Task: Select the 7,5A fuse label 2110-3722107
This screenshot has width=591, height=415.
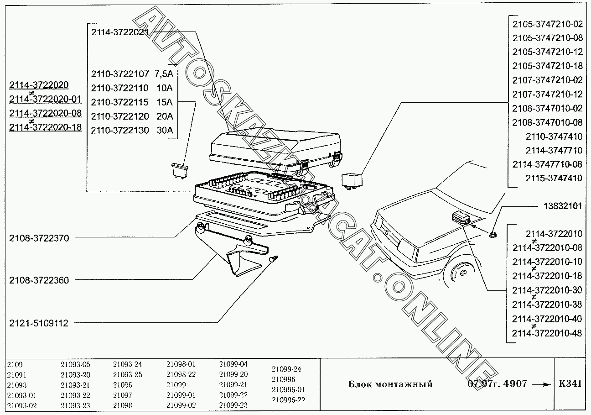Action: (x=120, y=74)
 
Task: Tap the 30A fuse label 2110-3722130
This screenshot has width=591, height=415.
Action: (x=120, y=130)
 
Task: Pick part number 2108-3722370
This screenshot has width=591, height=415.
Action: (x=39, y=238)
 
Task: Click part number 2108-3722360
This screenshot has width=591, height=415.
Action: (x=39, y=280)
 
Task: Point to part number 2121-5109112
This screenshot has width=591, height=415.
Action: (x=39, y=323)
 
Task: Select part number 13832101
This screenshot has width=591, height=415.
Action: (x=563, y=206)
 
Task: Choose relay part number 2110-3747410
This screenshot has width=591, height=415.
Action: (x=554, y=137)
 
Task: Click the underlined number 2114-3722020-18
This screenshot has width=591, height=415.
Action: (x=46, y=127)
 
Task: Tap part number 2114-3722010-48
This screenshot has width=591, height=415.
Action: (x=547, y=333)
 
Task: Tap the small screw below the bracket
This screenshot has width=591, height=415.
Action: (x=273, y=259)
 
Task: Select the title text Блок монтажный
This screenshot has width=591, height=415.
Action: (x=390, y=384)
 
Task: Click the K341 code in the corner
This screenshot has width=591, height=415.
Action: (x=570, y=383)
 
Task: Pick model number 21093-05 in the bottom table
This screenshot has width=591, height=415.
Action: (x=76, y=364)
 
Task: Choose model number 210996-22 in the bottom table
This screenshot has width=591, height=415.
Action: (x=288, y=400)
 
